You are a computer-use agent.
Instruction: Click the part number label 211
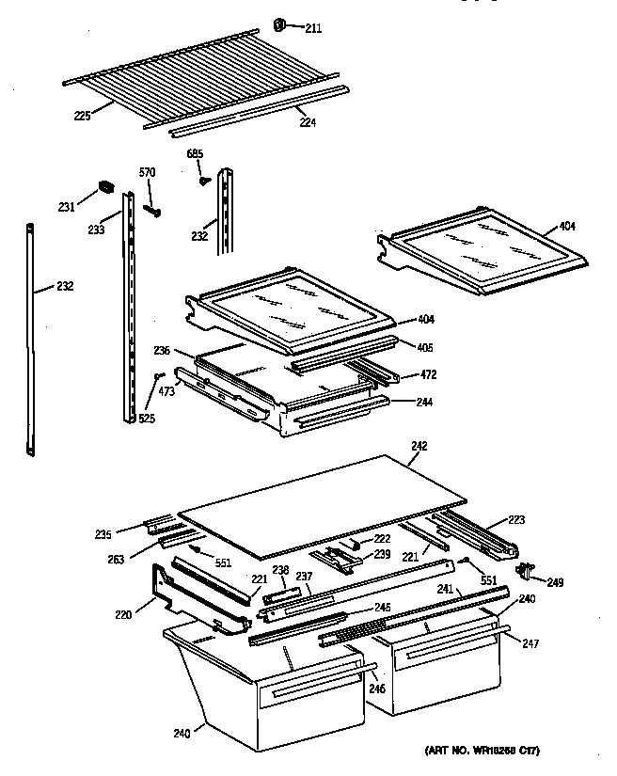(x=313, y=29)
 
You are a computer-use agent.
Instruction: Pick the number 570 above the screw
(x=148, y=172)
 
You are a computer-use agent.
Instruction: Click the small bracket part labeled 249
(x=527, y=570)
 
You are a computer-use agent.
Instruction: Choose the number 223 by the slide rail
(x=516, y=519)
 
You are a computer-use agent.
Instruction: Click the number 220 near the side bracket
(x=122, y=614)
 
